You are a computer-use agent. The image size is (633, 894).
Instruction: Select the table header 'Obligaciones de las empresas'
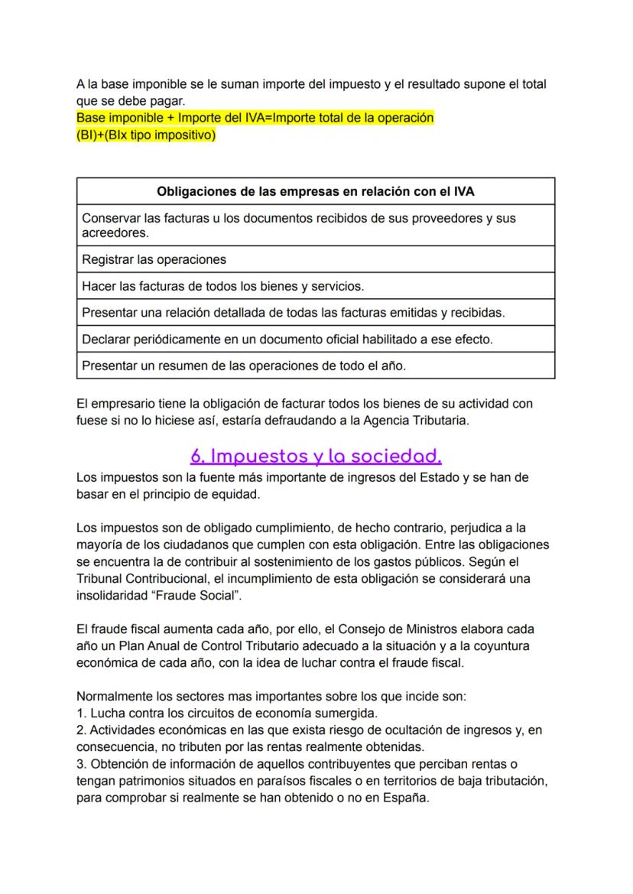pyautogui.click(x=315, y=191)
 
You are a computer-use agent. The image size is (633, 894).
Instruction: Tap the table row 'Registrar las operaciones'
pyautogui.click(x=154, y=259)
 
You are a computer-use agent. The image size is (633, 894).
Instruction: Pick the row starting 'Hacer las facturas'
pyautogui.click(x=222, y=286)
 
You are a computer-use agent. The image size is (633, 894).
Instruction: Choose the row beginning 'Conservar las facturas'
pyautogui.click(x=298, y=225)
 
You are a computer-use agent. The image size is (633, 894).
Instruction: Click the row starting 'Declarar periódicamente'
pyautogui.click(x=287, y=338)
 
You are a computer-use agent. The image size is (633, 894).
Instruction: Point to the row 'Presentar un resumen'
pyautogui.click(x=243, y=366)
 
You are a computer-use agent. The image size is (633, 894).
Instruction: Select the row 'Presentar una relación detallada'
pyautogui.click(x=293, y=312)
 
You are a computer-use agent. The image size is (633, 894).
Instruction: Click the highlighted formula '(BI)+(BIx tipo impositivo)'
pyautogui.click(x=146, y=135)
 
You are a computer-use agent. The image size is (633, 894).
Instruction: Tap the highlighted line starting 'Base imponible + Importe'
pyautogui.click(x=255, y=119)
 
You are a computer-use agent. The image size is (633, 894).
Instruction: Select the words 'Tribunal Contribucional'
pyautogui.click(x=142, y=579)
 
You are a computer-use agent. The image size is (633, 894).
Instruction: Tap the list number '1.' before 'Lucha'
pyautogui.click(x=82, y=714)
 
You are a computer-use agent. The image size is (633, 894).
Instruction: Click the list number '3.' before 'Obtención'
pyautogui.click(x=82, y=764)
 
